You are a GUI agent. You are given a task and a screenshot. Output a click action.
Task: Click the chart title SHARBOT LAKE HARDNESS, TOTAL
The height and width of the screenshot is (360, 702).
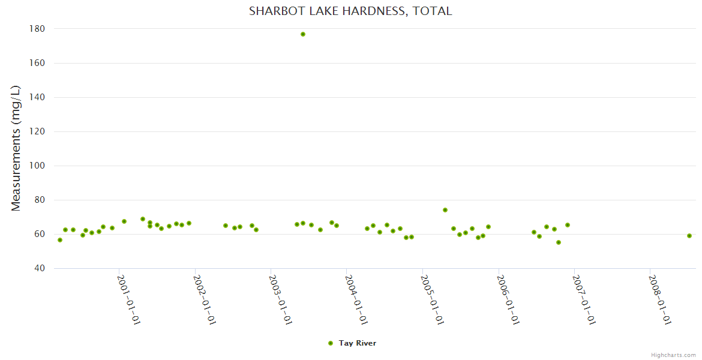click(x=350, y=11)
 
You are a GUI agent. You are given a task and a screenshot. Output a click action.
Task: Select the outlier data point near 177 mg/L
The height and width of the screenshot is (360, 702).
click(x=303, y=34)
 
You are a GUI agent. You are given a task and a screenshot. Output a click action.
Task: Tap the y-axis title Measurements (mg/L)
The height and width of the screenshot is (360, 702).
click(x=16, y=148)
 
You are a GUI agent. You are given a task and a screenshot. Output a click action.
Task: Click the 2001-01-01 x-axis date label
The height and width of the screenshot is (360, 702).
click(x=129, y=300)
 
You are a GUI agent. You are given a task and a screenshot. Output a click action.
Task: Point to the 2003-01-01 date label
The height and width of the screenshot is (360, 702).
click(x=281, y=300)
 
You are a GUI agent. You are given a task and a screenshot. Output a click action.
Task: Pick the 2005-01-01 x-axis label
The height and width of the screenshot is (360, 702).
click(x=433, y=300)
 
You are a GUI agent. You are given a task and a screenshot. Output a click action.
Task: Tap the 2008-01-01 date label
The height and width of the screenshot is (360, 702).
click(x=661, y=300)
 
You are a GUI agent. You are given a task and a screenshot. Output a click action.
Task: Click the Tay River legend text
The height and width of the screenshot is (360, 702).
click(x=358, y=343)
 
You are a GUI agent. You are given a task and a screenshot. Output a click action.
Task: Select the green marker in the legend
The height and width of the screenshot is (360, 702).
click(x=331, y=343)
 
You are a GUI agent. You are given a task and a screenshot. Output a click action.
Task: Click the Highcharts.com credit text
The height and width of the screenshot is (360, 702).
click(x=673, y=355)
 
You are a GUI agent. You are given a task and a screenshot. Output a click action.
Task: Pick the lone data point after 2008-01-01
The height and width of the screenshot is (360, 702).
click(x=689, y=236)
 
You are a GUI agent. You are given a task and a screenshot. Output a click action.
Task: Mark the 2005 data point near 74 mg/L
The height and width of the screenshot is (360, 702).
click(x=445, y=210)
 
